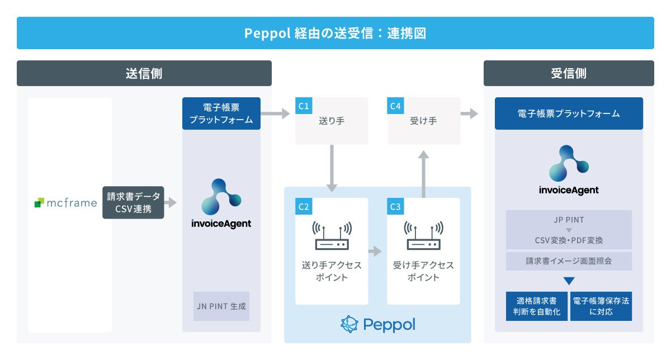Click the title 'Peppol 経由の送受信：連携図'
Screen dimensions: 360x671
[x=335, y=33]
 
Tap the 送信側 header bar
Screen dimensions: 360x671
[x=144, y=73]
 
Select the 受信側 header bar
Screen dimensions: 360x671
[x=568, y=73]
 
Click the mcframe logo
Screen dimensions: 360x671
[x=65, y=203]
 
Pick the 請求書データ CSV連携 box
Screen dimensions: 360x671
[x=133, y=202]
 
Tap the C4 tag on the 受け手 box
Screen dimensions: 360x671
[x=395, y=106]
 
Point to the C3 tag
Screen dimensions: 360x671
[x=395, y=206]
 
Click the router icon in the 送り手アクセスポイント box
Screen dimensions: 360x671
[x=332, y=236]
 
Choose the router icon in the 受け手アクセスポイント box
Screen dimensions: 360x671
[x=423, y=236]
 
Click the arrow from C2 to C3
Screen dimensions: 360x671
[x=375, y=252]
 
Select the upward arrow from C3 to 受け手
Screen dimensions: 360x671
[x=423, y=173]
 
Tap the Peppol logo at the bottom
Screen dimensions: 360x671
[x=377, y=324]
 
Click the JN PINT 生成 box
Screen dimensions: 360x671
[x=221, y=306]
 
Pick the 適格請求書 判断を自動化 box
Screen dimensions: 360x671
[x=536, y=306]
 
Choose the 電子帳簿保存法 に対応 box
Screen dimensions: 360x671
[x=601, y=306]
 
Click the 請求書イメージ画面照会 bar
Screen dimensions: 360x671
[x=569, y=261]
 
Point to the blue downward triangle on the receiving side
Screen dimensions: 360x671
[x=569, y=281]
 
